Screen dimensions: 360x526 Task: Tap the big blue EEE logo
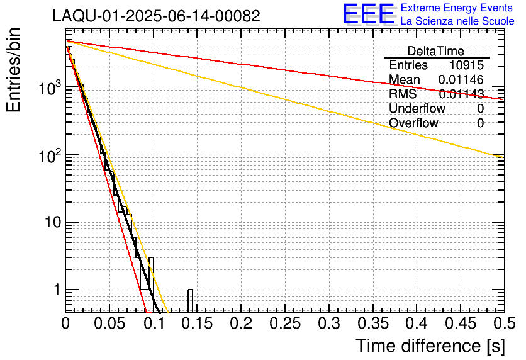tap(368, 14)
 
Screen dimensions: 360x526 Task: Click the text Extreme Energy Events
tap(456, 8)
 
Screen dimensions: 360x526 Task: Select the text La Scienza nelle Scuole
tap(457, 21)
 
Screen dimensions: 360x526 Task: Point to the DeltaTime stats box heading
tap(436, 51)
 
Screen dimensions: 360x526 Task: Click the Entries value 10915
tap(466, 65)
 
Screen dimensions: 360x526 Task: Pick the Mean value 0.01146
tap(461, 80)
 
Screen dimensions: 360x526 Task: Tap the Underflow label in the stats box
tap(417, 109)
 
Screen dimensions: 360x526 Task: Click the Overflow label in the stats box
tap(413, 123)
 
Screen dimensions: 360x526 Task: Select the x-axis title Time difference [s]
tap(430, 346)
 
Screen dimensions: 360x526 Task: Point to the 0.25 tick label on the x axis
tap(284, 323)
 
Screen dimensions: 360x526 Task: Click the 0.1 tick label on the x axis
tap(153, 323)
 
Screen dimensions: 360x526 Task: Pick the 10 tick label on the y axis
tap(51, 223)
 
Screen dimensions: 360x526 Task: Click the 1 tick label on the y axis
tap(56, 290)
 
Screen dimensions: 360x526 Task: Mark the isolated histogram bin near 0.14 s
tap(190, 300)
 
